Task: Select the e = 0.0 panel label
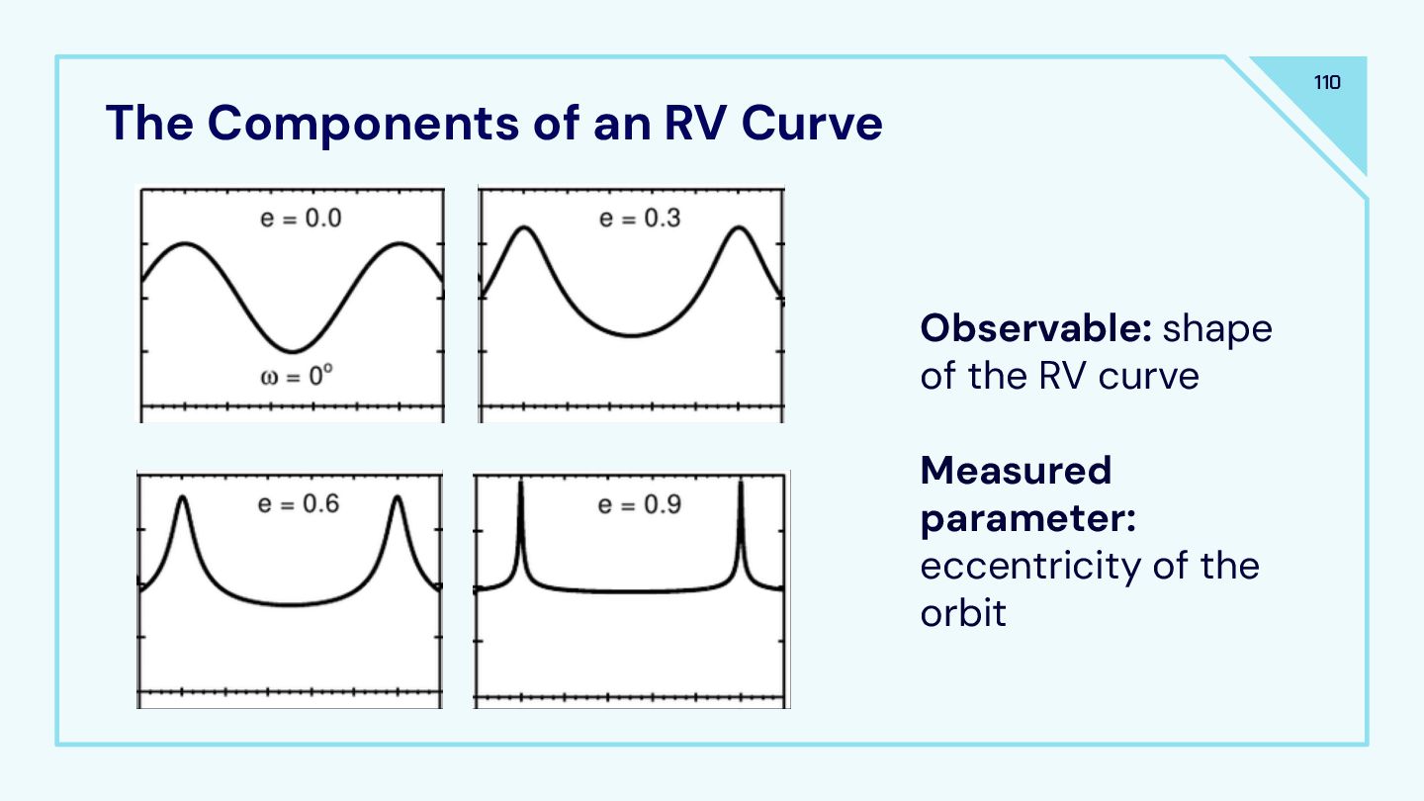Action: point(301,219)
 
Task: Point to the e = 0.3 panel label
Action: point(640,217)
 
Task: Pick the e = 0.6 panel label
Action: point(298,503)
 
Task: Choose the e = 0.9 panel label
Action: point(639,504)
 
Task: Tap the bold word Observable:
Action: point(1035,328)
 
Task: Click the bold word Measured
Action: point(1016,471)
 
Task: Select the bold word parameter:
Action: point(1027,518)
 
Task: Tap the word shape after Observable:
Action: point(1217,328)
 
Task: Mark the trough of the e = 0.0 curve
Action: point(292,351)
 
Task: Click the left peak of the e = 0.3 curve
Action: point(525,228)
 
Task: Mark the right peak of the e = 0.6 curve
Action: point(398,497)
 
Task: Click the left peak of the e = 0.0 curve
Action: point(183,243)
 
